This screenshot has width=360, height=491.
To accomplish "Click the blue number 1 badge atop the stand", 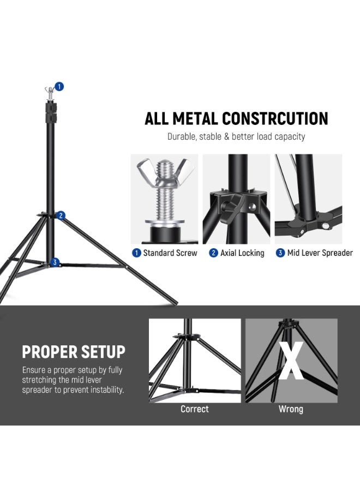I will pyautogui.click(x=59, y=86).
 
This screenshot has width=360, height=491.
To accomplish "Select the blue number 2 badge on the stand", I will pyautogui.click(x=61, y=215).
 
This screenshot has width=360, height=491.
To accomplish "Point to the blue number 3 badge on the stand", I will pyautogui.click(x=55, y=262).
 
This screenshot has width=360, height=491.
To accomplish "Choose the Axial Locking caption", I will pyautogui.click(x=242, y=253).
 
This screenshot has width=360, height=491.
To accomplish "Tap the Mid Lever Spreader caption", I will pyautogui.click(x=320, y=253).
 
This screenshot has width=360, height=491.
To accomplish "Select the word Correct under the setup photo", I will pyautogui.click(x=195, y=409).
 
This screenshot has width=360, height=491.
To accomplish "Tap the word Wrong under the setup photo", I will pyautogui.click(x=291, y=409).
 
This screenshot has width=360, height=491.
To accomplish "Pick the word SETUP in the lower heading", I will pyautogui.click(x=102, y=352).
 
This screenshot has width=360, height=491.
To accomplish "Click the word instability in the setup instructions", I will pyautogui.click(x=105, y=390).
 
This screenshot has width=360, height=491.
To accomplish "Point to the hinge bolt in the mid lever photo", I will pyautogui.click(x=326, y=225).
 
